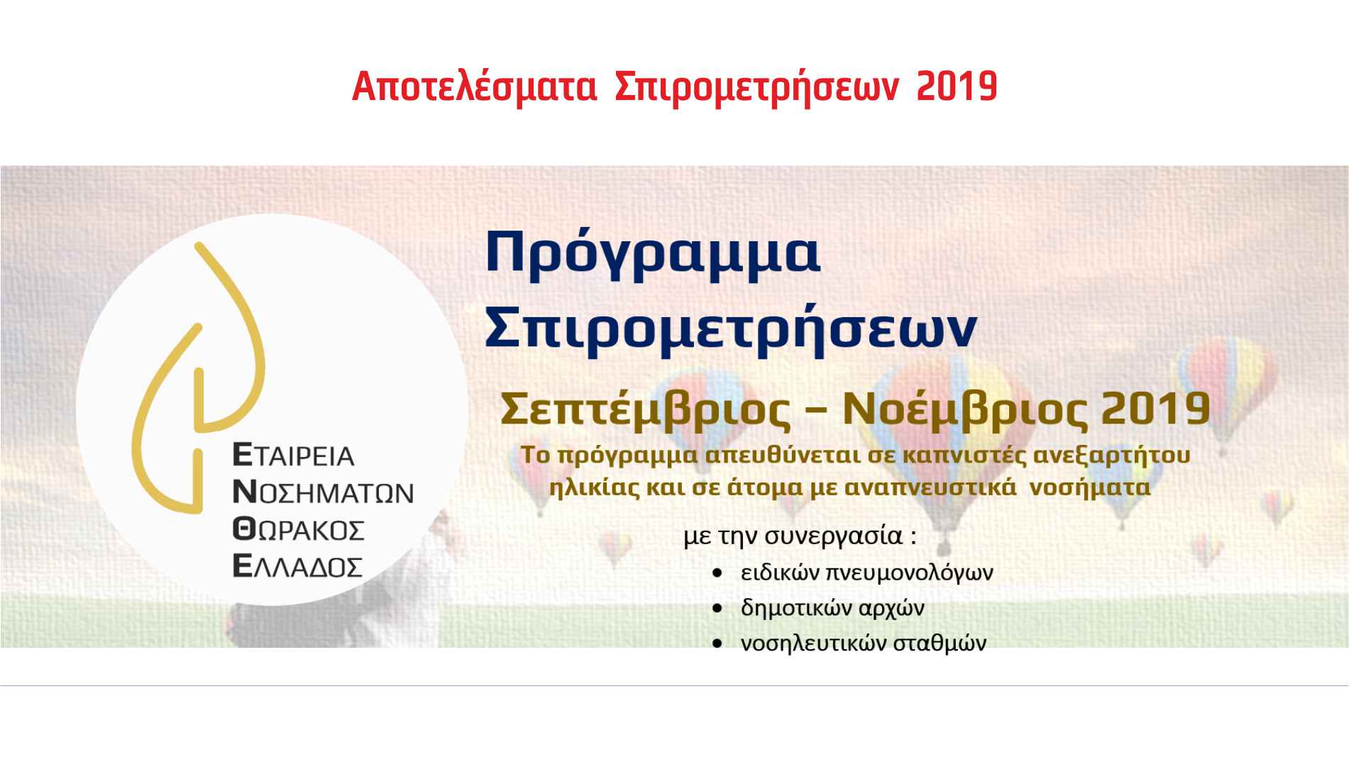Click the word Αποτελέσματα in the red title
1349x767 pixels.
474,88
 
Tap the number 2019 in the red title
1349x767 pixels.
957,87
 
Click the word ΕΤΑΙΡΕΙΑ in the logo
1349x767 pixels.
293,455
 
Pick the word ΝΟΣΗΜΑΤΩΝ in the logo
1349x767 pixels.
323,492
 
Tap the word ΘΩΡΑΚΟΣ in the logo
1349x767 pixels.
298,529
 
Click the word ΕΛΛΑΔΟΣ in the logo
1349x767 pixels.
297,565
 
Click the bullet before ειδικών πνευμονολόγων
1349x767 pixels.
720,572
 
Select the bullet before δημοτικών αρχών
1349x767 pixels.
720,608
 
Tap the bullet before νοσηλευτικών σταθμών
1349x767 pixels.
720,644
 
